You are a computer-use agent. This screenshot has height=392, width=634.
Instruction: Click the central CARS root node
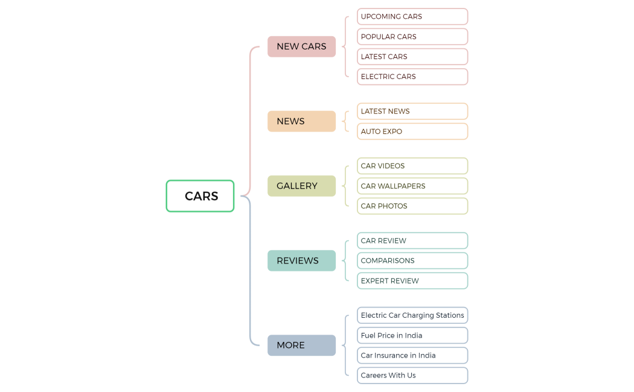200,196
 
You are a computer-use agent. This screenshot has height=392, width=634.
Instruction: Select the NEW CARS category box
301,46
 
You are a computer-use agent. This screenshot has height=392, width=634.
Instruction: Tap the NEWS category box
301,121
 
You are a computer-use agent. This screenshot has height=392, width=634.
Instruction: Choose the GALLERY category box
301,186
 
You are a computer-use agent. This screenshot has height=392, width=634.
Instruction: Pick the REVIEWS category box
301,261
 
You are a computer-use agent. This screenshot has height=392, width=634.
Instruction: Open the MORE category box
301,345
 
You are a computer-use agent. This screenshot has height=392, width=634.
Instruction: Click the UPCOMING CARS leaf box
412,16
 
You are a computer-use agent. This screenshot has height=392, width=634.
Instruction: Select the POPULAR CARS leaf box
412,37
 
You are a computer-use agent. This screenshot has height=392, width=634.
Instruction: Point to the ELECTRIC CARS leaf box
412,77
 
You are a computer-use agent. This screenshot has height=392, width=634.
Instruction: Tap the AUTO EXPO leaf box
412,131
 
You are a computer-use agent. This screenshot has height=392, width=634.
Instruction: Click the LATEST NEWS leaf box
412,111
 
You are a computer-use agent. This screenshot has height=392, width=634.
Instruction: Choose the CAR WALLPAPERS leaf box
412,186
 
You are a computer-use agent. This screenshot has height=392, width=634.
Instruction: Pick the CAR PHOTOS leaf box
412,206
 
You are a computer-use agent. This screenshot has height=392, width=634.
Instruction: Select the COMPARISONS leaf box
412,261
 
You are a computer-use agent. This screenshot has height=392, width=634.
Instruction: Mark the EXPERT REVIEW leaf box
412,280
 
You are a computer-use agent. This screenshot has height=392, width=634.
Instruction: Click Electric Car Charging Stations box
412,315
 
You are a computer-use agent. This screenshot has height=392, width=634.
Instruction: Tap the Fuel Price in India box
412,335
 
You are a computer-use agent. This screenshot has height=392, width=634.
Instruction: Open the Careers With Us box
412,375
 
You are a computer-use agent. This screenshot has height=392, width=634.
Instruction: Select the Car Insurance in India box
412,355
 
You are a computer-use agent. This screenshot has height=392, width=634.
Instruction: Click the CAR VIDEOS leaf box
412,166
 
